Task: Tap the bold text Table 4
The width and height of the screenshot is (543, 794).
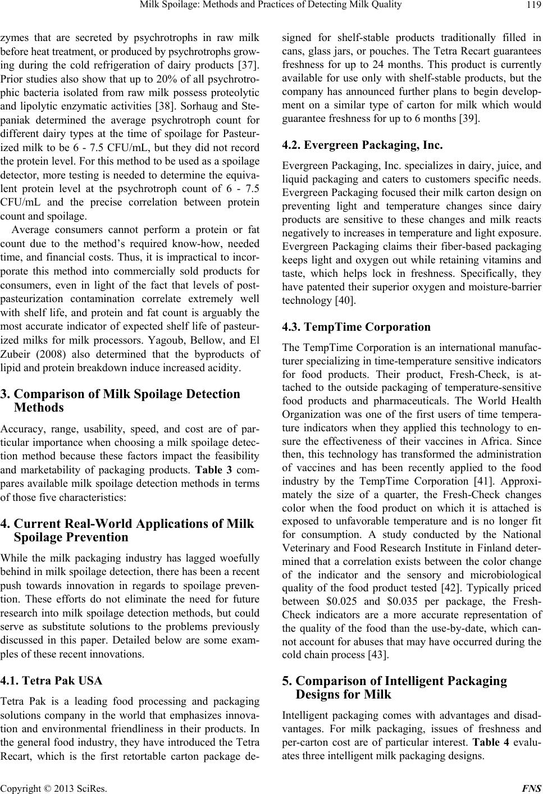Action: tap(480, 742)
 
